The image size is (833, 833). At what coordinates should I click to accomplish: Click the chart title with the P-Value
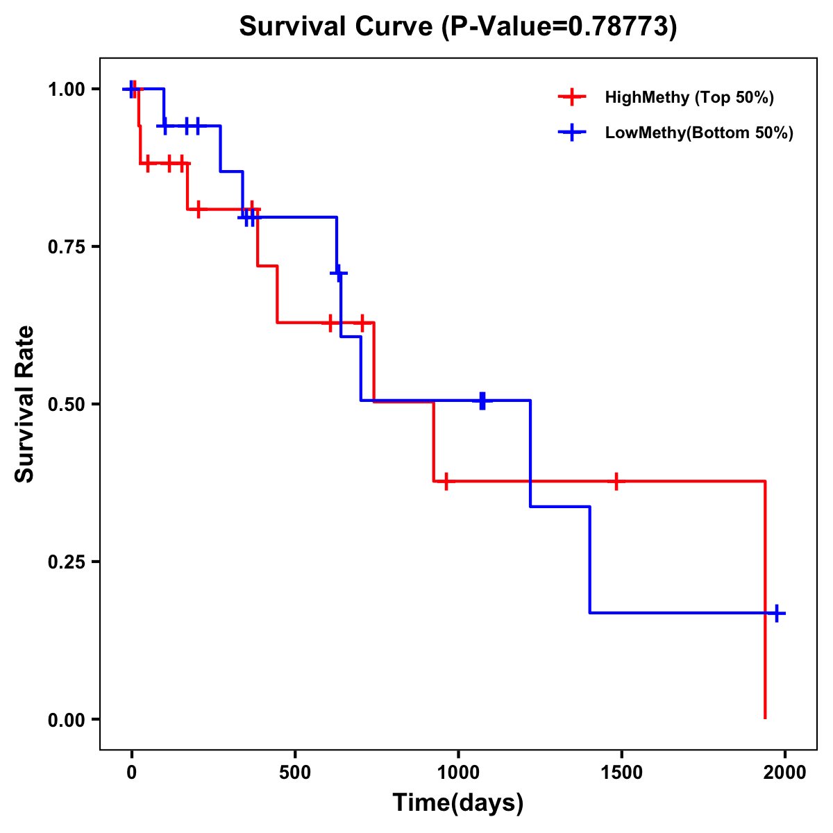tap(457, 27)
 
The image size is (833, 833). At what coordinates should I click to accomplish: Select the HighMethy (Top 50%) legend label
tap(689, 97)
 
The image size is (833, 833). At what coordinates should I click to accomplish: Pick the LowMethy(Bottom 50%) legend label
tap(699, 133)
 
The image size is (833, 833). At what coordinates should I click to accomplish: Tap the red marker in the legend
tap(572, 97)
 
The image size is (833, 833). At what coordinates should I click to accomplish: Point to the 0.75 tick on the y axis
tap(66, 247)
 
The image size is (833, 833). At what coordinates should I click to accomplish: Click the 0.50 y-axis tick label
tap(66, 405)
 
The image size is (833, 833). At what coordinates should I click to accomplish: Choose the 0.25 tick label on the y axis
tap(66, 562)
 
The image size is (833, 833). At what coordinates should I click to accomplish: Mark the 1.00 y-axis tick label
tap(66, 90)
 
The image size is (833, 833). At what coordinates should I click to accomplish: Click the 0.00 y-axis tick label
tap(66, 720)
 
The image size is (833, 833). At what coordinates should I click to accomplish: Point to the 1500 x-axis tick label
tap(621, 773)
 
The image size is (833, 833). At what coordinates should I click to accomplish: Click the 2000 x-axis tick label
tap(784, 773)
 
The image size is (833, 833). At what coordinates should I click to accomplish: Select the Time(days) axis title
tap(458, 803)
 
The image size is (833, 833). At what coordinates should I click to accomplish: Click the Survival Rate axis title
tap(25, 404)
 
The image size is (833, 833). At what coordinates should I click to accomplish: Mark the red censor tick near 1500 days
tap(616, 481)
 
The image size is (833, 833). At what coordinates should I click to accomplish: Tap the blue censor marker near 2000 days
tap(777, 613)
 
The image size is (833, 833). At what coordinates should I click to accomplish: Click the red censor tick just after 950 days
tap(446, 481)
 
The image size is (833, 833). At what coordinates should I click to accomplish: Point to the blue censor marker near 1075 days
tap(482, 401)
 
